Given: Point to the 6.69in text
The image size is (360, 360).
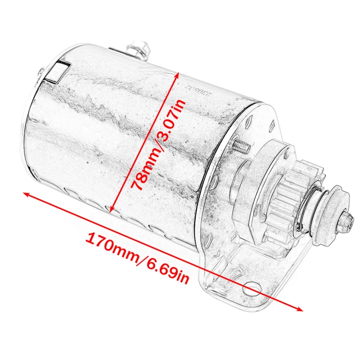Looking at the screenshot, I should (163, 269).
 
